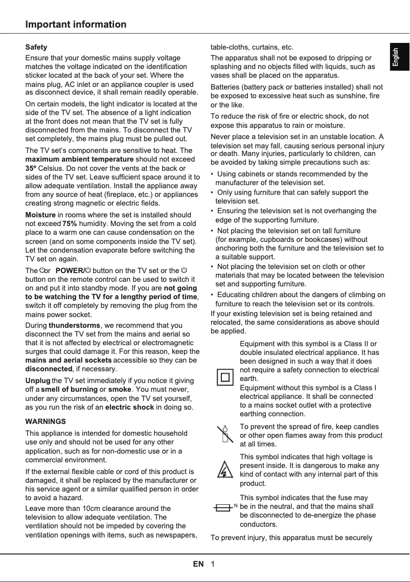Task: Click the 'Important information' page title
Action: coord(76,25)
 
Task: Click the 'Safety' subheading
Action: coord(36,47)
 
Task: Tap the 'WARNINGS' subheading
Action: coord(45,421)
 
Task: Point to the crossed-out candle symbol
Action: coord(223,435)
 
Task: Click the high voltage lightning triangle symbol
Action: coord(223,469)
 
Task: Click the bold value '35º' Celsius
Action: coord(30,168)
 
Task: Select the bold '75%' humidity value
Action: coord(70,223)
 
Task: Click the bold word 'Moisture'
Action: coord(40,214)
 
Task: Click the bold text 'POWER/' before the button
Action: coord(70,271)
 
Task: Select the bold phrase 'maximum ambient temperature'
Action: coord(79,159)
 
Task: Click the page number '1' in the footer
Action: coord(212,564)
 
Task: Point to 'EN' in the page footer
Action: coord(198,564)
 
